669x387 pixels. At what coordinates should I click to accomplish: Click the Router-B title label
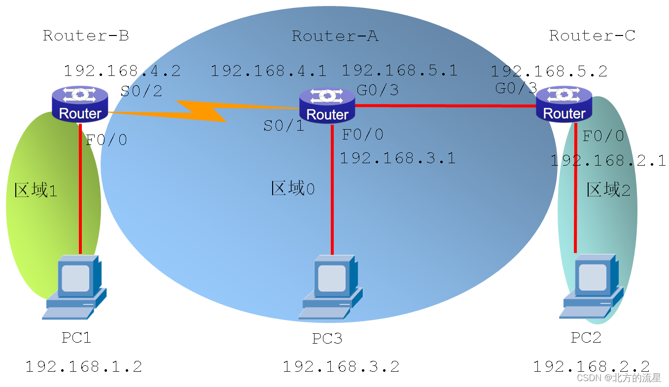point(86,35)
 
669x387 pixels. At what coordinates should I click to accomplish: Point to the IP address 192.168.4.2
point(122,71)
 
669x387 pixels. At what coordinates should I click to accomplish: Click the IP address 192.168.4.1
point(268,71)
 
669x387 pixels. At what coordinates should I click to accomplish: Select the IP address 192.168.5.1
point(399,70)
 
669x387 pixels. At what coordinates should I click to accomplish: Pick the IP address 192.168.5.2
point(548,72)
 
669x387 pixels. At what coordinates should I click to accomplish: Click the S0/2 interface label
point(141,91)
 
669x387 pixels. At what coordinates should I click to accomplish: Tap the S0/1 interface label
point(283,126)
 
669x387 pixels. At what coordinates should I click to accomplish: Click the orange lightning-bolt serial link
point(202,111)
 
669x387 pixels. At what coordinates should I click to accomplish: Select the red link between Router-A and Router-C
point(444,106)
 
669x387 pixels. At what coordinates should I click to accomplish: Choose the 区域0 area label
point(293,188)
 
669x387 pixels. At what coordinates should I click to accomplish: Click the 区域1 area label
point(35,190)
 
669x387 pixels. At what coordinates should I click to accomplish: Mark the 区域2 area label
point(608,190)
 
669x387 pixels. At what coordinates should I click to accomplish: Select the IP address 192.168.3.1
point(397,158)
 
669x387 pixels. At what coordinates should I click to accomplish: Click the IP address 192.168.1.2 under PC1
point(84,366)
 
